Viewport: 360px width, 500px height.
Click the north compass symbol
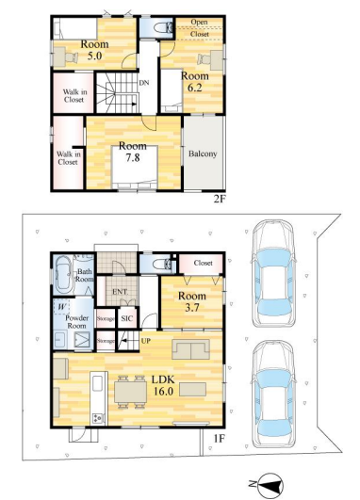(x=270, y=486)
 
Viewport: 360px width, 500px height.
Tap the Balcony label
(x=203, y=153)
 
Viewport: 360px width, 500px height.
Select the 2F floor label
(x=220, y=199)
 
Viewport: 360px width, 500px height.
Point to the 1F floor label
(x=220, y=439)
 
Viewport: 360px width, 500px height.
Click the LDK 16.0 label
(x=163, y=385)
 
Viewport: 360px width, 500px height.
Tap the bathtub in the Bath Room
(x=64, y=276)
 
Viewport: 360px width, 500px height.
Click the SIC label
(x=126, y=318)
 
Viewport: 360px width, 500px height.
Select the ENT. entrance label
(x=120, y=292)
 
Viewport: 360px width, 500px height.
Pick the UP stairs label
(x=145, y=341)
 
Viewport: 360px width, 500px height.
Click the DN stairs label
(x=144, y=83)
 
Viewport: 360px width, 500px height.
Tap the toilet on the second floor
(x=163, y=27)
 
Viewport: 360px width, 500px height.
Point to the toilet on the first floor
(x=162, y=264)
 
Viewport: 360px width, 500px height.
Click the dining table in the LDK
(x=131, y=392)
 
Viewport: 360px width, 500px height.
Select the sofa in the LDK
(x=191, y=349)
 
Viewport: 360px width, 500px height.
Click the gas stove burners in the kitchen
(x=98, y=418)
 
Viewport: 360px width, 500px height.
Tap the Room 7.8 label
(x=133, y=152)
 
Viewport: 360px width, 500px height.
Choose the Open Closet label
(x=200, y=27)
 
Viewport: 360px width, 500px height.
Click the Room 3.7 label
(x=192, y=301)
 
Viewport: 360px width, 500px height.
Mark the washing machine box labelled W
(x=62, y=307)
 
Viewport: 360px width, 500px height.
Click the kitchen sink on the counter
(x=97, y=383)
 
